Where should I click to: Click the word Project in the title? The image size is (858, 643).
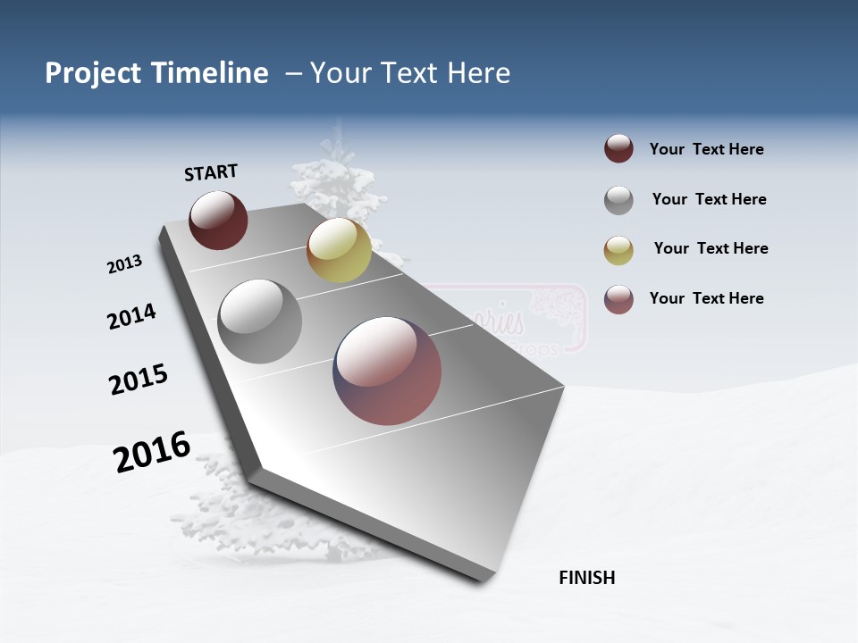(93, 73)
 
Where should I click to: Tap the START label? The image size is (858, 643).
(211, 172)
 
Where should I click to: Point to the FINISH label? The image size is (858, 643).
(586, 578)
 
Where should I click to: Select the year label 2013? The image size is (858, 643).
(124, 264)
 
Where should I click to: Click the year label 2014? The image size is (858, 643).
(131, 316)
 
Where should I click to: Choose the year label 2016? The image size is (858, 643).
(152, 452)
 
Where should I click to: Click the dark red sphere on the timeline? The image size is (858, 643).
(218, 220)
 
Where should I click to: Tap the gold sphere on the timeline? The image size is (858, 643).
(339, 250)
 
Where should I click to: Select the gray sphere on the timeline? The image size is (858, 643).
(260, 321)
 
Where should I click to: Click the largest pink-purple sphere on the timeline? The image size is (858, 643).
(387, 371)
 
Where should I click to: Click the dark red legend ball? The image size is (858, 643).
(618, 148)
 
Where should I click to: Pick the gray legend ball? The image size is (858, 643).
(618, 200)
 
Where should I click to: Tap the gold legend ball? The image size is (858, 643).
(618, 250)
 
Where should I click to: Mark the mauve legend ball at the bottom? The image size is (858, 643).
(618, 299)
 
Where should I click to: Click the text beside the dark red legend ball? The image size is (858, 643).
(706, 149)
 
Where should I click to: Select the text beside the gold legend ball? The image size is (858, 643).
(711, 248)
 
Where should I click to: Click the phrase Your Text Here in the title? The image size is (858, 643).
(410, 73)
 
